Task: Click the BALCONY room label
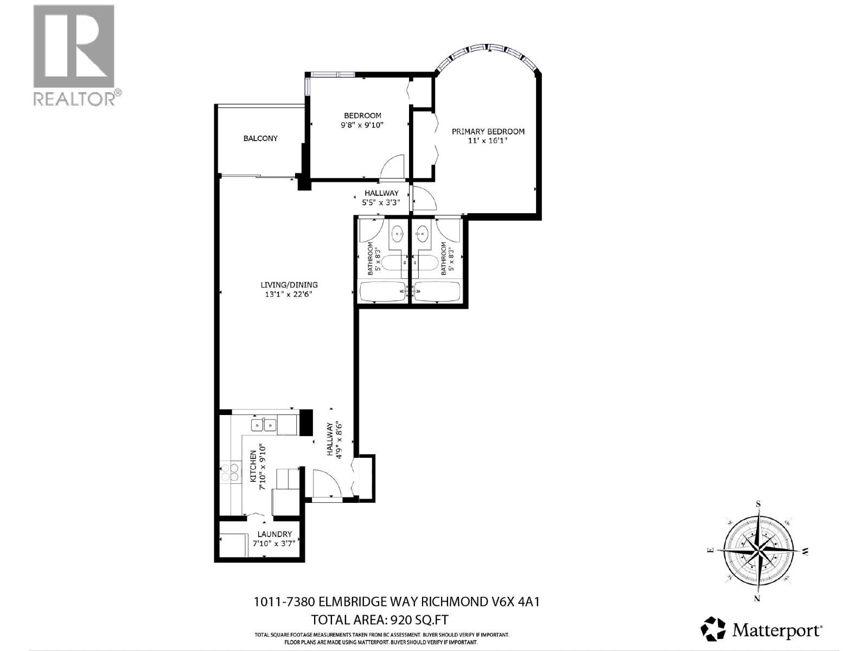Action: [x=260, y=138]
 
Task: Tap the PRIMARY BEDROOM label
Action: [x=488, y=131]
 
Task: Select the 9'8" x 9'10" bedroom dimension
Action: [x=362, y=125]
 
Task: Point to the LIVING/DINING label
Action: [x=289, y=285]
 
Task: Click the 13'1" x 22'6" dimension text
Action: [x=289, y=295]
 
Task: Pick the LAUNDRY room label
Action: [x=275, y=534]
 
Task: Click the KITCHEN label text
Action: [x=253, y=466]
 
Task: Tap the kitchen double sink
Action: [x=264, y=424]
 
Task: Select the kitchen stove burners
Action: [x=229, y=472]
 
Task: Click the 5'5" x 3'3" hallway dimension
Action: [x=381, y=203]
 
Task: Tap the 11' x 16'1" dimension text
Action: [x=488, y=141]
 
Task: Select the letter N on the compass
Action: [x=757, y=598]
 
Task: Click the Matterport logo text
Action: [x=777, y=630]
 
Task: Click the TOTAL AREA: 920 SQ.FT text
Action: [x=380, y=620]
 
